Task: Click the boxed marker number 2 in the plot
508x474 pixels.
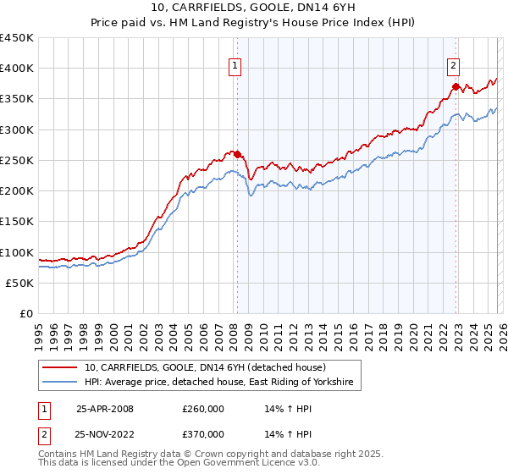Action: (x=454, y=63)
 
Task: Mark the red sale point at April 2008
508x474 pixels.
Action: (x=237, y=154)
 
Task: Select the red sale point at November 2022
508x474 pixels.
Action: (x=456, y=86)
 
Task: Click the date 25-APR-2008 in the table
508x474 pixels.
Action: (x=104, y=408)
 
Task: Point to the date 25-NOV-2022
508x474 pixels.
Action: (x=105, y=435)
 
